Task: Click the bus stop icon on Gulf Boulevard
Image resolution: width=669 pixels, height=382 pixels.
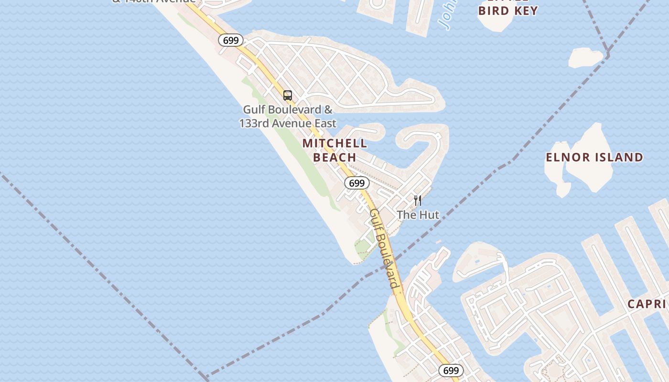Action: [x=287, y=95]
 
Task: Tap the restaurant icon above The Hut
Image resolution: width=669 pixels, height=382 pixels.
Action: [x=418, y=200]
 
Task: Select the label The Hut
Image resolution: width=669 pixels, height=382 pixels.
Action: [x=418, y=215]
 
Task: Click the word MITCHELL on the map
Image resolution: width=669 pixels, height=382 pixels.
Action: [x=334, y=143]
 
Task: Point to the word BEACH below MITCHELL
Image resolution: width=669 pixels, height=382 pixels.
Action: [x=334, y=157]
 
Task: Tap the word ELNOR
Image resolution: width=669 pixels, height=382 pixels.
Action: [x=567, y=157]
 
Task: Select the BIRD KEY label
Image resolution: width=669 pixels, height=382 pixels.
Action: [x=508, y=11]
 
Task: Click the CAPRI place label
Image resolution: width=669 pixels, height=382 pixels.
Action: [x=647, y=304]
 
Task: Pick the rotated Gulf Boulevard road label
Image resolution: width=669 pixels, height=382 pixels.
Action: [x=384, y=248]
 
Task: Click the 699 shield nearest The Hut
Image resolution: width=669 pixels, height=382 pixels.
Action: [x=356, y=183]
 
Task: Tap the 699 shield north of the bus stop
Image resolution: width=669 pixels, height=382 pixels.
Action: [x=231, y=41]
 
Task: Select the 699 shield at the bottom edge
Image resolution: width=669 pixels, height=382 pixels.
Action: [x=451, y=371]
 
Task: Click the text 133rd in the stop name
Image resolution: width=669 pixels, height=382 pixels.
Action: [x=254, y=123]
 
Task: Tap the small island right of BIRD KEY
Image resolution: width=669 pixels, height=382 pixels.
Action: [x=585, y=58]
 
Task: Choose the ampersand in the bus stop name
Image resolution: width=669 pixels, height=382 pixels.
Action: [x=328, y=109]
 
